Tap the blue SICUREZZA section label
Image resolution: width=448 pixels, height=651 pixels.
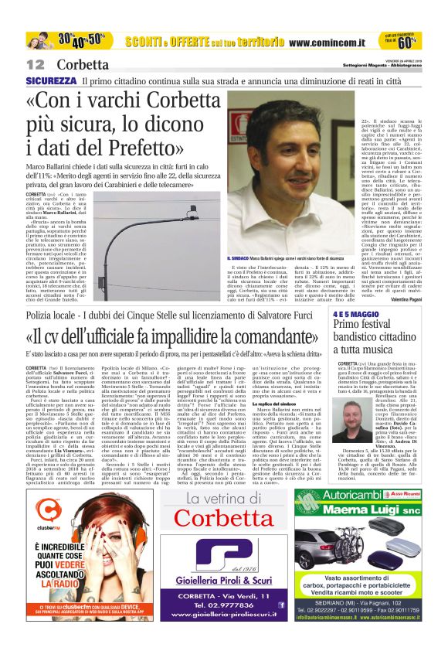pyautogui.click(x=51, y=80)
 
